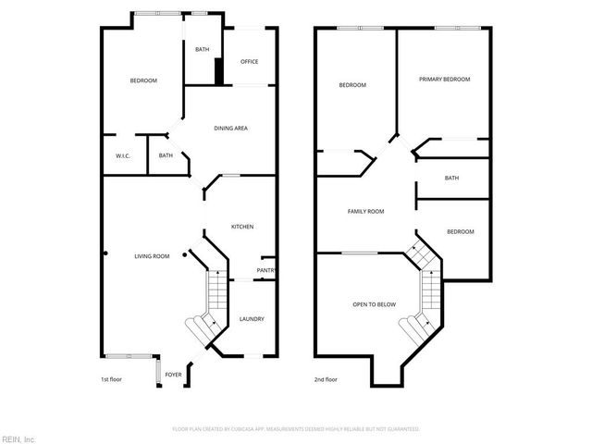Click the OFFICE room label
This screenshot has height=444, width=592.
pos(249,62)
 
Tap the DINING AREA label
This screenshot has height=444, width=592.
pos(230,128)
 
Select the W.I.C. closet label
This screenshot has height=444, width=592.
pos(123,155)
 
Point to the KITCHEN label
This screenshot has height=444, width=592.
pos(242,227)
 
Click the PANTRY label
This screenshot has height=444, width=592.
pos(265,271)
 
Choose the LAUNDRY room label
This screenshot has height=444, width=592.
pos(252,319)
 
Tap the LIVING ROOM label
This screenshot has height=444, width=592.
pos(152,256)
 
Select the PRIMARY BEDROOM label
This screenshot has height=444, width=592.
pos(444,80)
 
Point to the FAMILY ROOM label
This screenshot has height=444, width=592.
pos(365,212)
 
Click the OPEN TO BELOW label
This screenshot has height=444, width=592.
pos(375,304)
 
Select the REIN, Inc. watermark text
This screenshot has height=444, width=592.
pos(18,438)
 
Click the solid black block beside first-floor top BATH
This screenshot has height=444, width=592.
pos(219,71)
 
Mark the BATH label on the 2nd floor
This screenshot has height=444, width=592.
pos(451,179)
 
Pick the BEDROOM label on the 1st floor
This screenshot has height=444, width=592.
pos(143,81)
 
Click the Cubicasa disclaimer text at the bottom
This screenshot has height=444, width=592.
pos(296,429)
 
